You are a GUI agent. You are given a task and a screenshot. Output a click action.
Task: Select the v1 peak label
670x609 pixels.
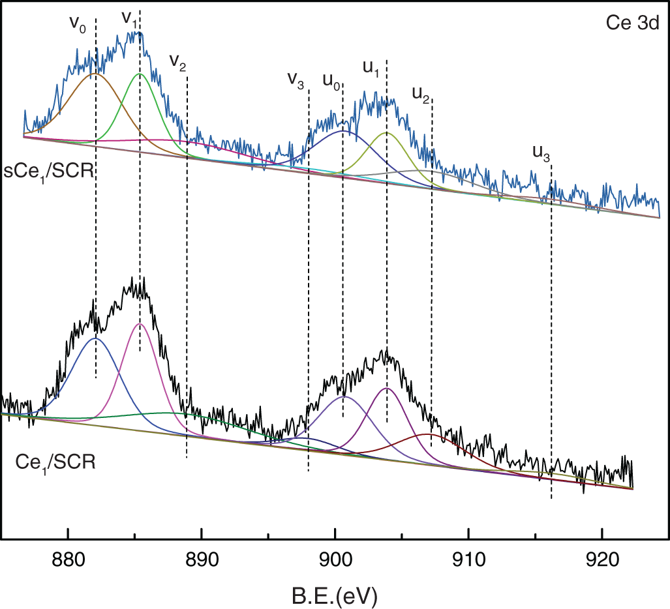coord(129,18)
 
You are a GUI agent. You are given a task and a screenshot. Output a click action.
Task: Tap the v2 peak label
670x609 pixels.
coord(177,61)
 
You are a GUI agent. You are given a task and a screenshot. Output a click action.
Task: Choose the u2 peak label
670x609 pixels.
coord(421,95)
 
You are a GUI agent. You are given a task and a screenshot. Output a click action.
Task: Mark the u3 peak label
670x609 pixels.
coord(541,153)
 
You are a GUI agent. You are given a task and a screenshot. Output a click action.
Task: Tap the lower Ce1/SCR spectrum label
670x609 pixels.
coord(55,464)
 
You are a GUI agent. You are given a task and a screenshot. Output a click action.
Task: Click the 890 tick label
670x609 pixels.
coord(202,561)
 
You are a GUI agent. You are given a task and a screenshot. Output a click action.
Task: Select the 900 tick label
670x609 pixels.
coord(335,561)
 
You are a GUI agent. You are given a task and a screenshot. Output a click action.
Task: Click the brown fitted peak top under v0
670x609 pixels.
coord(95,74)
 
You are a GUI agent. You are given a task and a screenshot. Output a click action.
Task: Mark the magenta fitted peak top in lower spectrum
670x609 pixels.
coord(139,323)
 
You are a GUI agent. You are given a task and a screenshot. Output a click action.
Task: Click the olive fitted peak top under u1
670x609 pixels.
coord(386,132)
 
